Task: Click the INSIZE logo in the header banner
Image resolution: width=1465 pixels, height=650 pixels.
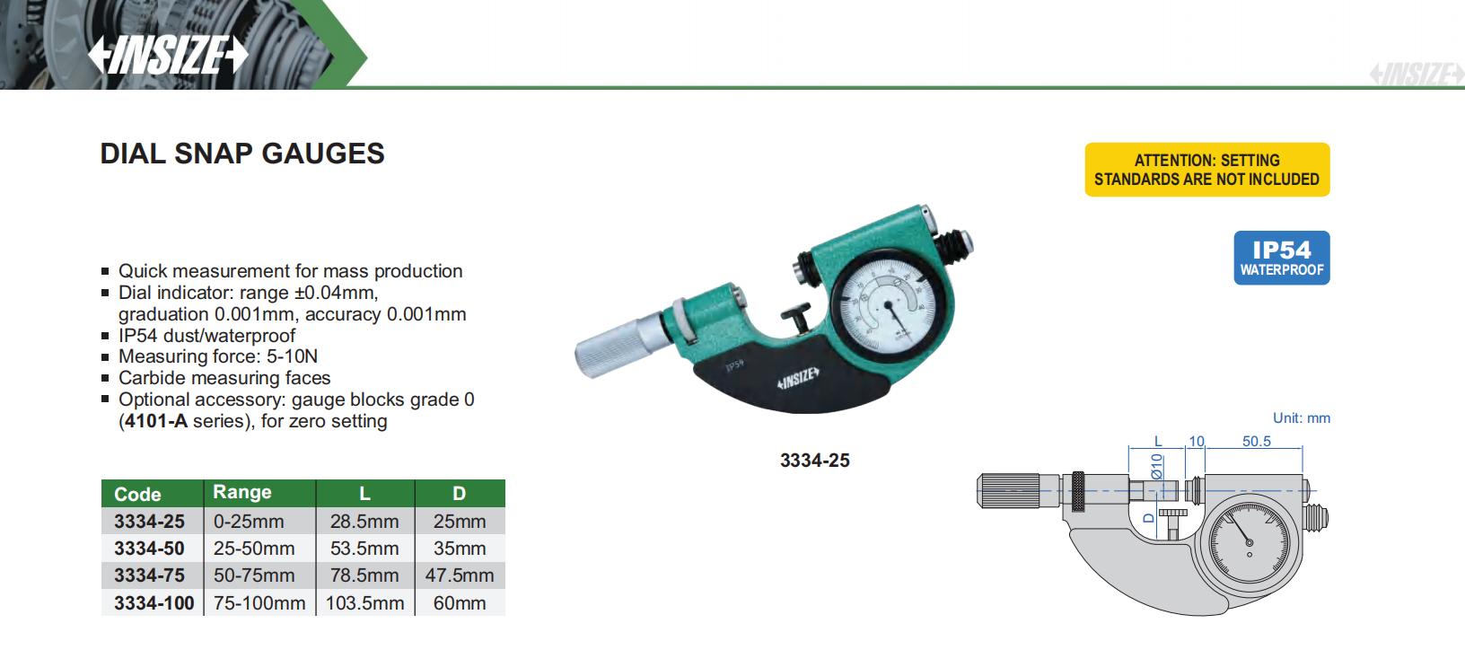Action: tap(168, 54)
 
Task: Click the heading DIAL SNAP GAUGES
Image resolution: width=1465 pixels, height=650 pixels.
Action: tap(242, 154)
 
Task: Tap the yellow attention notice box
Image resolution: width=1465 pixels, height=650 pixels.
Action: tap(1206, 170)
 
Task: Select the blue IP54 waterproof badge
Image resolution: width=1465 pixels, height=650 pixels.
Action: tap(1281, 258)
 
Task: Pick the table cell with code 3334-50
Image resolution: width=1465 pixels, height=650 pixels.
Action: tap(149, 549)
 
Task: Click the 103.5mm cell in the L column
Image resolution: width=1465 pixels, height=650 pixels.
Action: tap(365, 603)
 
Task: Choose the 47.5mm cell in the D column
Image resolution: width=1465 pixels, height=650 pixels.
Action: tap(459, 575)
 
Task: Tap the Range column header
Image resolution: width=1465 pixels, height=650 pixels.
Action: tap(242, 492)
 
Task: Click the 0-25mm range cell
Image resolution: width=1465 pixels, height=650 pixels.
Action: tap(249, 522)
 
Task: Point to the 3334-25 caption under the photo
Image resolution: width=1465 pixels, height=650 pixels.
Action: tap(814, 461)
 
